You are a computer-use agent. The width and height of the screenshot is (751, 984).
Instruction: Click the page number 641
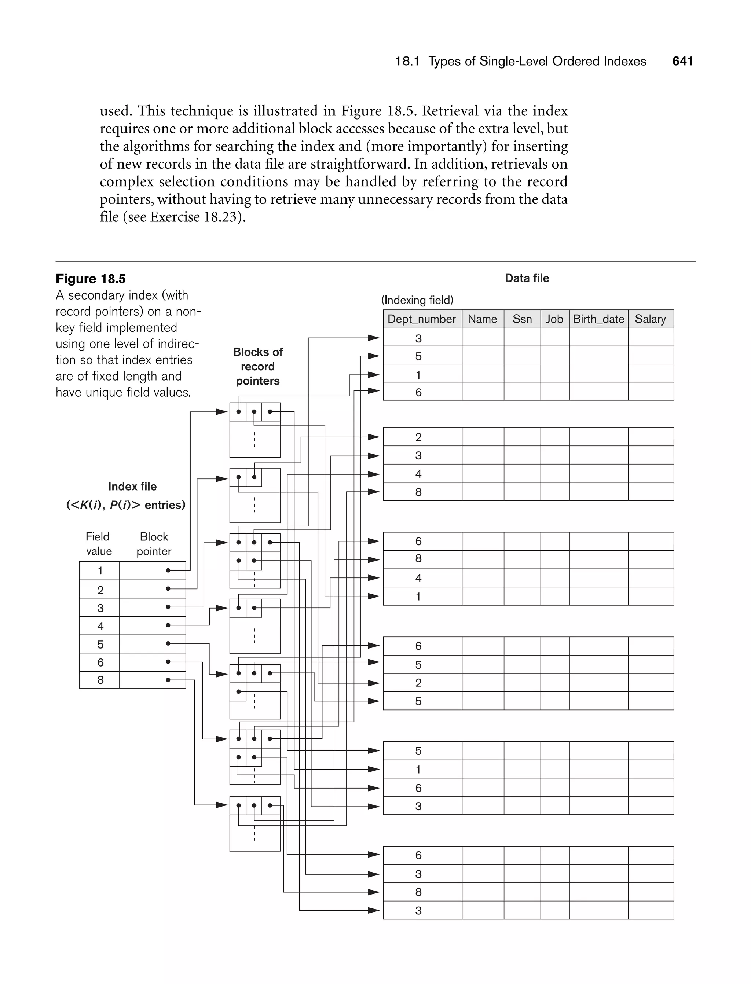point(682,61)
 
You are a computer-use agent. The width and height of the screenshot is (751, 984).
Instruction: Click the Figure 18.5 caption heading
point(91,279)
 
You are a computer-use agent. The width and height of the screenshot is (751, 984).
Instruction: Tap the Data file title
point(527,278)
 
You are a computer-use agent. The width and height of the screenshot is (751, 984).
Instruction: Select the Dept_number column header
point(422,319)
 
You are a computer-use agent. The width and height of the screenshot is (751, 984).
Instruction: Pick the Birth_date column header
point(598,319)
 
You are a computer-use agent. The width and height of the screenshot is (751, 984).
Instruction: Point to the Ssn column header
point(522,319)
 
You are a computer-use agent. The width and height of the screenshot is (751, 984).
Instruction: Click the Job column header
point(554,319)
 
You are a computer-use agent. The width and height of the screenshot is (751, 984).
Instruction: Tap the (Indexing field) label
point(417,300)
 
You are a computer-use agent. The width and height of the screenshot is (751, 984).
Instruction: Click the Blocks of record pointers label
point(258,366)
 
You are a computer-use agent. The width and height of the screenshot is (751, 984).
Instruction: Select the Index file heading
point(132,486)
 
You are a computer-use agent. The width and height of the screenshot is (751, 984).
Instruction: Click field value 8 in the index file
point(100,680)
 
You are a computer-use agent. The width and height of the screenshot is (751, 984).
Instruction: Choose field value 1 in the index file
point(100,571)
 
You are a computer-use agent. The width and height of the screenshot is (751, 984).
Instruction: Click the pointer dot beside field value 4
point(168,625)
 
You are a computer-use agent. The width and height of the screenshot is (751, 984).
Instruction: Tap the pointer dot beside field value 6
point(168,662)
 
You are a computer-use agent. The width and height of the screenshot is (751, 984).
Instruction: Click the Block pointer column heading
point(154,544)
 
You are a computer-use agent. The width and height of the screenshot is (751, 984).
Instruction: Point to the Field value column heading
point(98,544)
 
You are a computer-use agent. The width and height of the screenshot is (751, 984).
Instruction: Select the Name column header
point(482,319)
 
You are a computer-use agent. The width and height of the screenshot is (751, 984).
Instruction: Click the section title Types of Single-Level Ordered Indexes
point(537,61)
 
